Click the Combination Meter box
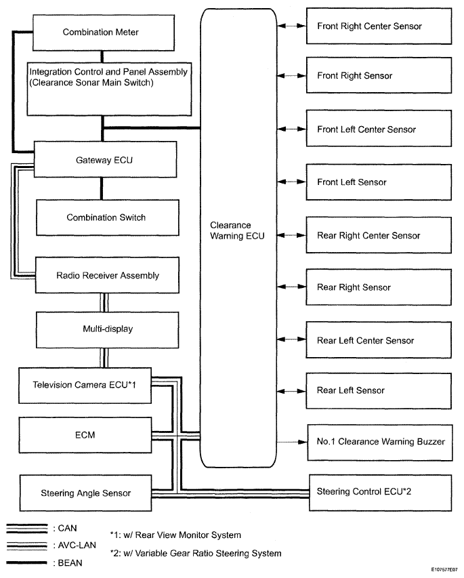click(104, 33)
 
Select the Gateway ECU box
click(105, 159)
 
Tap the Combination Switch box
click(107, 218)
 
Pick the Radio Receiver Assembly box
click(107, 275)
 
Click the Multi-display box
click(107, 329)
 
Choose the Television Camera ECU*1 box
click(85, 385)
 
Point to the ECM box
click(85, 435)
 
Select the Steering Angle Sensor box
click(85, 493)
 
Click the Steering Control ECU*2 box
click(380, 493)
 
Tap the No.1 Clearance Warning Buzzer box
click(380, 442)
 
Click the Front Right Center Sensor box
click(379, 26)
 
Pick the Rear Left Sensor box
click(379, 391)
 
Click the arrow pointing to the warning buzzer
click(292, 442)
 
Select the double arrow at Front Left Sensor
click(291, 182)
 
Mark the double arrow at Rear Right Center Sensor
click(291, 235)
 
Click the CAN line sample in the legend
click(27, 529)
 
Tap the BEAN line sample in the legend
click(27, 562)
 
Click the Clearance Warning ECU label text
click(237, 230)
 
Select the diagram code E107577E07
click(444, 569)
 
